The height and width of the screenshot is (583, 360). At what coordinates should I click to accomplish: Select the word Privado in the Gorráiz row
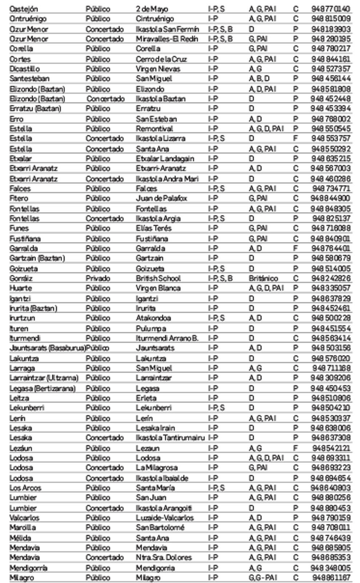tap(98, 278)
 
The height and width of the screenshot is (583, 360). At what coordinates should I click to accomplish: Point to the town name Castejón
tap(24, 9)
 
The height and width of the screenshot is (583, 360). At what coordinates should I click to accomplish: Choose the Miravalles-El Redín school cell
tap(167, 39)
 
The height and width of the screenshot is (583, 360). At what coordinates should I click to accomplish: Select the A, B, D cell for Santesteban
tap(259, 79)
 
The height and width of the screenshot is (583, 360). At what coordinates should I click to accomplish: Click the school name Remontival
tap(155, 128)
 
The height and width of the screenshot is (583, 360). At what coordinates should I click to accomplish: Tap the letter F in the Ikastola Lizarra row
tap(295, 138)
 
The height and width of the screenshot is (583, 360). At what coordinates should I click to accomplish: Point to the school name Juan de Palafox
tap(161, 198)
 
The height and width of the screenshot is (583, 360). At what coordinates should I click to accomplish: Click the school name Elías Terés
tap(154, 228)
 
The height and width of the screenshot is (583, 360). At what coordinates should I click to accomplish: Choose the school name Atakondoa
tap(153, 318)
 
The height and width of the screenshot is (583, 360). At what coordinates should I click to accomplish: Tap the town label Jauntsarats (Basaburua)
tap(47, 348)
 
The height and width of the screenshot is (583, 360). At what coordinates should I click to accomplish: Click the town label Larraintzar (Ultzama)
tap(44, 378)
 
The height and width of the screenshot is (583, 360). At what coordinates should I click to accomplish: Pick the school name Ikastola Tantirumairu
tap(170, 438)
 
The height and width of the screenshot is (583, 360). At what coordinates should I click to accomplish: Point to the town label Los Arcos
tap(25, 488)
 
